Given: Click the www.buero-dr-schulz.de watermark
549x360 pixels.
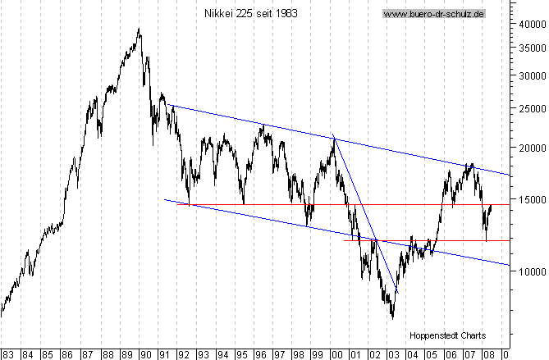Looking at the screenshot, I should point(434,14).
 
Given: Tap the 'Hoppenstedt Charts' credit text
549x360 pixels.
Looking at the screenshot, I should point(447,335).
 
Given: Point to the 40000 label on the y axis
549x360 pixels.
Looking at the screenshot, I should point(531,24).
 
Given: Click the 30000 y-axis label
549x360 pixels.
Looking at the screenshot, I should point(531,75).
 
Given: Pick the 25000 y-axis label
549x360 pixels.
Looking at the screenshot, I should point(531,107).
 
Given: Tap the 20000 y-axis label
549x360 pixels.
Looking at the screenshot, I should point(531,148).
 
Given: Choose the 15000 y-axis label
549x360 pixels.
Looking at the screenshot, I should point(531,198).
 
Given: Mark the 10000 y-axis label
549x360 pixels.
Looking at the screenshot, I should point(531,271).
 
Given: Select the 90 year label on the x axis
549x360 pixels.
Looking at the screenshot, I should point(145,354).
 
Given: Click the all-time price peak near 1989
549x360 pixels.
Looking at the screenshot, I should point(139,30).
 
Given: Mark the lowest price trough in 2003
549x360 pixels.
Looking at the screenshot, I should point(393,318).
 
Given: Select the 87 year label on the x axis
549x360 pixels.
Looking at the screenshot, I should point(86,354).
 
